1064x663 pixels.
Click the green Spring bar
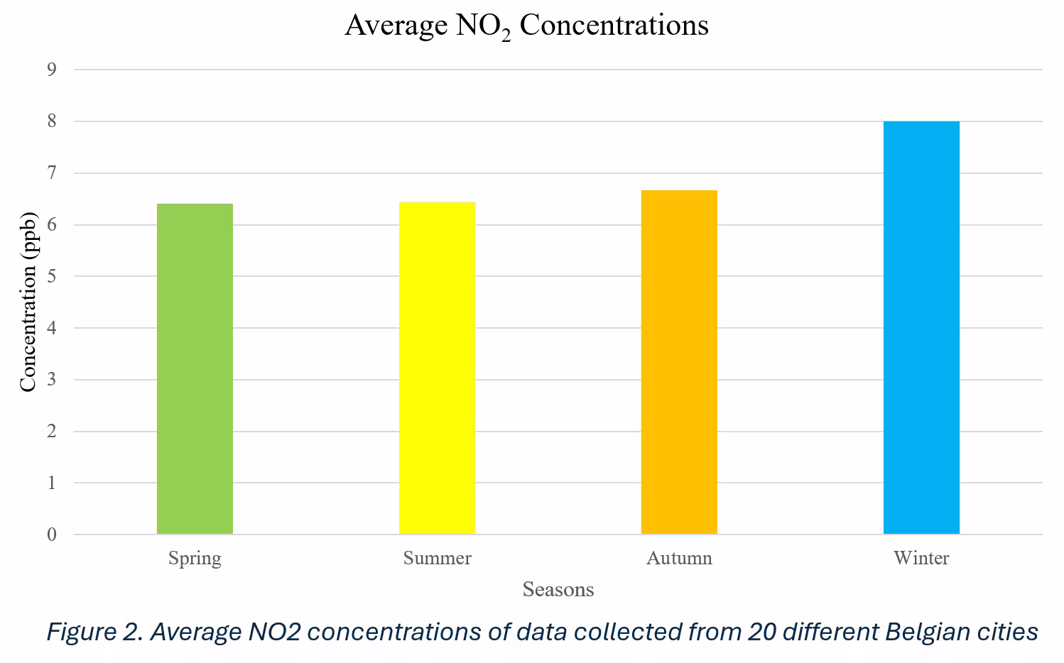click(x=195, y=369)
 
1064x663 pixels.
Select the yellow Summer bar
click(x=437, y=368)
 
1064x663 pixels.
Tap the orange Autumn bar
click(x=679, y=362)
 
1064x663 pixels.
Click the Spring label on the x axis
click(x=195, y=558)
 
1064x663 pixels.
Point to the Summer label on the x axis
click(x=437, y=558)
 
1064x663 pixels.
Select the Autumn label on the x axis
click(x=679, y=558)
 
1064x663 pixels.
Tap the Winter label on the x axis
click(x=921, y=558)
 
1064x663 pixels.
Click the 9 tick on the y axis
click(x=52, y=70)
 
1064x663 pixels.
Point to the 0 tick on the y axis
click(x=52, y=535)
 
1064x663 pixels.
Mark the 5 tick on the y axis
click(x=52, y=276)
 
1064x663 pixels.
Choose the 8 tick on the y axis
click(x=52, y=121)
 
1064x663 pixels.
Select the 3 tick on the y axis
click(x=52, y=380)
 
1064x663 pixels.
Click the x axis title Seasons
click(x=558, y=589)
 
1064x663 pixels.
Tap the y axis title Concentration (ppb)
click(x=28, y=302)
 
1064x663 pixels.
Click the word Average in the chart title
click(x=396, y=26)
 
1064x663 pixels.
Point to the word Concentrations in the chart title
click(x=614, y=26)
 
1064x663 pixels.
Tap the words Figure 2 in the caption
click(x=92, y=631)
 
